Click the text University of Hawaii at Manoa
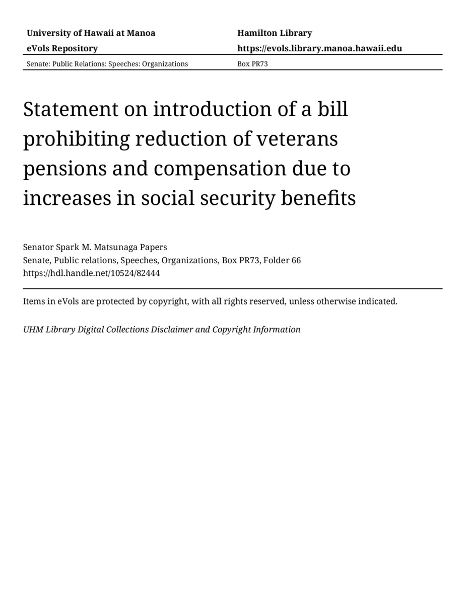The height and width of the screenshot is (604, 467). click(91, 33)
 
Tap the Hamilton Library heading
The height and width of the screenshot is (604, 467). click(275, 33)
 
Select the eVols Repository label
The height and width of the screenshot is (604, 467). click(62, 48)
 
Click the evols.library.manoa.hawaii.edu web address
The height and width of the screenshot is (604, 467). click(319, 48)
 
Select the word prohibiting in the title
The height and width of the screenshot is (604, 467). click(76, 139)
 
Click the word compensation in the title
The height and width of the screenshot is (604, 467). click(220, 169)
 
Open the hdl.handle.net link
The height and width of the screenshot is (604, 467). click(91, 273)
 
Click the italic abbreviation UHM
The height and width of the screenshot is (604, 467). click(33, 330)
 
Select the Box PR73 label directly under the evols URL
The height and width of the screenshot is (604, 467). click(252, 64)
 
